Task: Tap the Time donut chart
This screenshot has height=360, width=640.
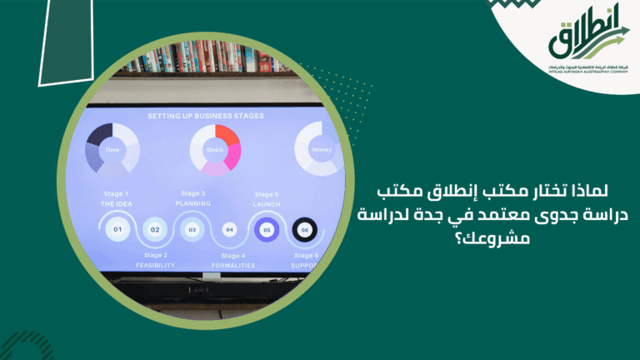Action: [x=112, y=150]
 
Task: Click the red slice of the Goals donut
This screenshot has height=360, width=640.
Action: [x=227, y=135]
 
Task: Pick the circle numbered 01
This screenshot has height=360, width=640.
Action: [x=117, y=229]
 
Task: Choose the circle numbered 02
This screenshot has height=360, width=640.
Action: [x=155, y=229]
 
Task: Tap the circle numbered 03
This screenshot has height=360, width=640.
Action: [x=192, y=229]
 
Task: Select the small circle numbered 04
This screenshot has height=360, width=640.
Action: [x=230, y=229]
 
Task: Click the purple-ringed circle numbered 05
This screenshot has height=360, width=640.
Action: [x=267, y=229]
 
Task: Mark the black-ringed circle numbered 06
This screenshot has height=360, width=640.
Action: [x=304, y=229]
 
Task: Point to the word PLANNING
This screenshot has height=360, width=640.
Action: [x=192, y=203]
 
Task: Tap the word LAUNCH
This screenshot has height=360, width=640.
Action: [x=267, y=203]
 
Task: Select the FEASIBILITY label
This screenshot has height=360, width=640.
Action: [x=156, y=265]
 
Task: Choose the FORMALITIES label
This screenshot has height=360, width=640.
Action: [x=231, y=265]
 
